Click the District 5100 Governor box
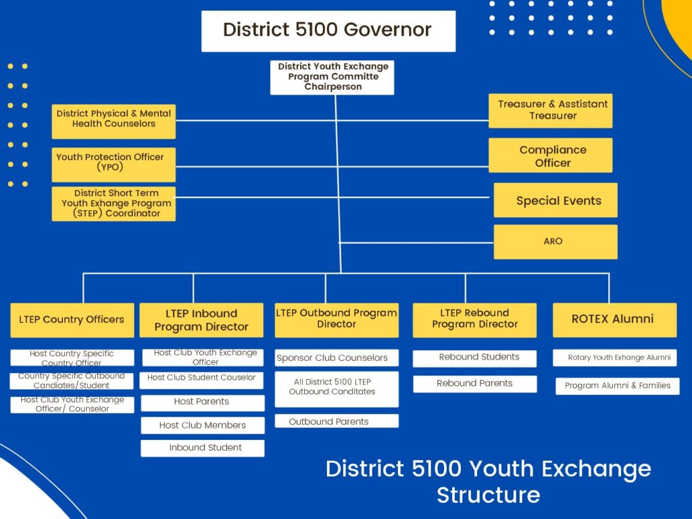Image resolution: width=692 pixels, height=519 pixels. pyautogui.click(x=328, y=31)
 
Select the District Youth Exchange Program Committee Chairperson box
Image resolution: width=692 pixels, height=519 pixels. pyautogui.click(x=332, y=78)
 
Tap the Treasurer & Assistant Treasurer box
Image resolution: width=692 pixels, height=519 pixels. pyautogui.click(x=550, y=111)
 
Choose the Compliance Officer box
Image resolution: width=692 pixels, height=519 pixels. pyautogui.click(x=550, y=155)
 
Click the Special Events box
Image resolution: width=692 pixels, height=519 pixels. pyautogui.click(x=555, y=200)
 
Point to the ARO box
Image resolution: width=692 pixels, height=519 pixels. pyautogui.click(x=555, y=242)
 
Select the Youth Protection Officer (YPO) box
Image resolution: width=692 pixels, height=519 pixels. pyautogui.click(x=114, y=165)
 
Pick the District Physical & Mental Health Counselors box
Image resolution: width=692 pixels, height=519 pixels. pyautogui.click(x=114, y=122)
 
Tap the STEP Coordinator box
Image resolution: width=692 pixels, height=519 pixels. pyautogui.click(x=114, y=204)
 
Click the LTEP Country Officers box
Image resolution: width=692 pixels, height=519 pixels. pyautogui.click(x=72, y=320)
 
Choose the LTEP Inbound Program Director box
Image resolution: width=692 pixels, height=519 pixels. pyautogui.click(x=201, y=320)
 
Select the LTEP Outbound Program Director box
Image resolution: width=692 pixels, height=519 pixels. pyautogui.click(x=337, y=320)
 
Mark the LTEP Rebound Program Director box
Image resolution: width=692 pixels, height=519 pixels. pyautogui.click(x=474, y=320)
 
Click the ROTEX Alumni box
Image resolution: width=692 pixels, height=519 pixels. pyautogui.click(x=615, y=320)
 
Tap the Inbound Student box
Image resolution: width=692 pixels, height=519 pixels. pyautogui.click(x=203, y=449)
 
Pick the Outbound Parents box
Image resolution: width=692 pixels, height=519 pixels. pyautogui.click(x=337, y=421)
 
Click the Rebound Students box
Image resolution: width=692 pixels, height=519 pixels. pyautogui.click(x=474, y=358)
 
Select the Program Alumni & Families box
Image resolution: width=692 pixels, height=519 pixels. pyautogui.click(x=618, y=386)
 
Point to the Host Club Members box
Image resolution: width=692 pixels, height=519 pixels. pyautogui.click(x=203, y=426)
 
